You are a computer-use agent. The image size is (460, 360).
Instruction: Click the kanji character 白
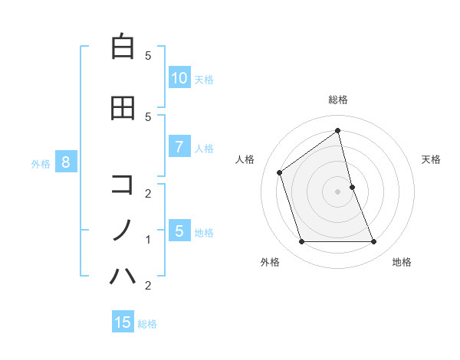(x=123, y=47)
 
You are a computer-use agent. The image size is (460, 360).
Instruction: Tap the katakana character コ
(x=123, y=184)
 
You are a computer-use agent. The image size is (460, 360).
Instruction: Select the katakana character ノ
(x=123, y=229)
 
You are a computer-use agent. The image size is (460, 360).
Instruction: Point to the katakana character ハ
(x=123, y=274)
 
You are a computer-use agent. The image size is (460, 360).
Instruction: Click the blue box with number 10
(x=179, y=77)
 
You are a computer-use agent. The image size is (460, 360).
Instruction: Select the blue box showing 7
(x=179, y=147)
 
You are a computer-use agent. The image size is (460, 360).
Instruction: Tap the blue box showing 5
(x=179, y=231)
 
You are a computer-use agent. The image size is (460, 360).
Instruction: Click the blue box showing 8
(x=66, y=162)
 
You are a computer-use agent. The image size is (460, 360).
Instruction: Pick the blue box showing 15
(x=123, y=322)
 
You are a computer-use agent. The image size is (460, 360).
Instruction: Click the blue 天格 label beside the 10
(x=204, y=79)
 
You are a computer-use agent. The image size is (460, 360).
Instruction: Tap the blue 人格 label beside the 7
(x=204, y=149)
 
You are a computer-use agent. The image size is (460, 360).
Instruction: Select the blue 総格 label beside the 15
(x=147, y=324)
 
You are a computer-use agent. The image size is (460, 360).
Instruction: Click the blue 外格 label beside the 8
(x=41, y=164)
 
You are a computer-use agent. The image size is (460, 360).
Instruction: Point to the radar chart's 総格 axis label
(x=337, y=100)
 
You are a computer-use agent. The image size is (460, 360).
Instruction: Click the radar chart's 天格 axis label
(x=432, y=159)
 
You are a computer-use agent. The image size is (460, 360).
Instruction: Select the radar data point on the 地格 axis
(x=373, y=242)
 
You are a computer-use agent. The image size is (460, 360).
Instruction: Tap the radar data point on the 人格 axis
(x=280, y=172)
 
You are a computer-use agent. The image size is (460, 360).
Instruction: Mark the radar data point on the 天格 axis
(x=352, y=186)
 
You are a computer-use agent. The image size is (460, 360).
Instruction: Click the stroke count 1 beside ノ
(x=148, y=240)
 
